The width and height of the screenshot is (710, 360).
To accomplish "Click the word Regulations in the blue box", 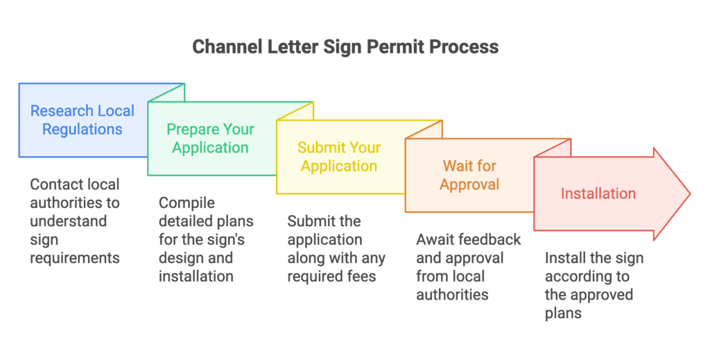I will tap(82, 130).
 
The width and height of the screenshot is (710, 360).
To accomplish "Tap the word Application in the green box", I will tap(210, 148).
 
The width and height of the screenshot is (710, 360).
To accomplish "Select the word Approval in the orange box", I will tap(470, 185).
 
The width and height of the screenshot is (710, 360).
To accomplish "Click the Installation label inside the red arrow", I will tap(598, 194).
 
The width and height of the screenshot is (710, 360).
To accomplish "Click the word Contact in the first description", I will tap(55, 185).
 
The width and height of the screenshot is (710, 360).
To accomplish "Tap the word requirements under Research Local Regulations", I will tap(75, 258).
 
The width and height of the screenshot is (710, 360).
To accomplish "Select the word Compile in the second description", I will tap(187, 203).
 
